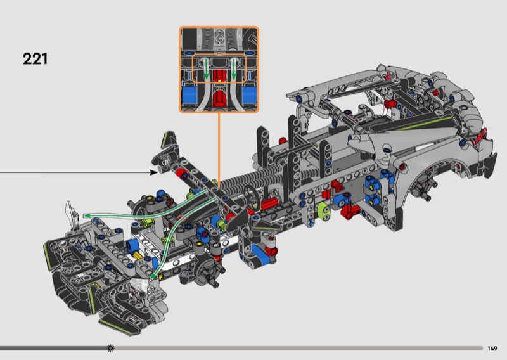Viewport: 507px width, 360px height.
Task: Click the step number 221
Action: click(x=35, y=58)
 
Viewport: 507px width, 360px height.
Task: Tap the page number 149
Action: click(x=492, y=349)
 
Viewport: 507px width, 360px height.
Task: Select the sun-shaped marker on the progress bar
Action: click(x=110, y=348)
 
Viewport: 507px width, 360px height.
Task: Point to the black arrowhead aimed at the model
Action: click(x=154, y=172)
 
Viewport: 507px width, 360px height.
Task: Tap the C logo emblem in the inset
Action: click(x=219, y=39)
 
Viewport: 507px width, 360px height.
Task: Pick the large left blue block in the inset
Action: click(x=189, y=95)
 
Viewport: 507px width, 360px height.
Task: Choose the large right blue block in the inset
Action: click(x=250, y=95)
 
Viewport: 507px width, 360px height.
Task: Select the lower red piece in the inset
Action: click(x=220, y=98)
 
